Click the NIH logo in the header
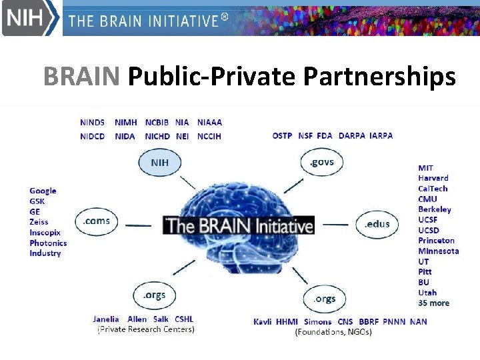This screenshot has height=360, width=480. click(x=31, y=18)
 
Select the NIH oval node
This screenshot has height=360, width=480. click(x=160, y=162)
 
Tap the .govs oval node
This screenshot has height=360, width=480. click(x=323, y=162)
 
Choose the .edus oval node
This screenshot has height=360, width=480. click(x=377, y=224)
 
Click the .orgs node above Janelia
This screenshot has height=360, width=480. click(x=155, y=295)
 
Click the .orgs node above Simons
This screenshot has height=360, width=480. click(x=325, y=299)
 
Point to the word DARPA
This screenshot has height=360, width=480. click(x=351, y=135)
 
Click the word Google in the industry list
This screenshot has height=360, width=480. click(x=43, y=191)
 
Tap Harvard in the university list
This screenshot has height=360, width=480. click(x=433, y=178)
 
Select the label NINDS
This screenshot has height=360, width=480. click(x=92, y=123)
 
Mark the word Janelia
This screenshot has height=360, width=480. click(x=106, y=319)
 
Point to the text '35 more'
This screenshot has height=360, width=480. click(x=433, y=303)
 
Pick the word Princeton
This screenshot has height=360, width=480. click(x=436, y=241)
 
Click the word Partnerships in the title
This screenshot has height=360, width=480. click(x=379, y=77)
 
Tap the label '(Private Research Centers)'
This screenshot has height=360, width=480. click(x=146, y=329)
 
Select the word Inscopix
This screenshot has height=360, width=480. click(x=45, y=233)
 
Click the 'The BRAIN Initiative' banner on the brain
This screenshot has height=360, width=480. click(x=239, y=225)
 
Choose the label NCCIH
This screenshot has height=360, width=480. click(x=209, y=136)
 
